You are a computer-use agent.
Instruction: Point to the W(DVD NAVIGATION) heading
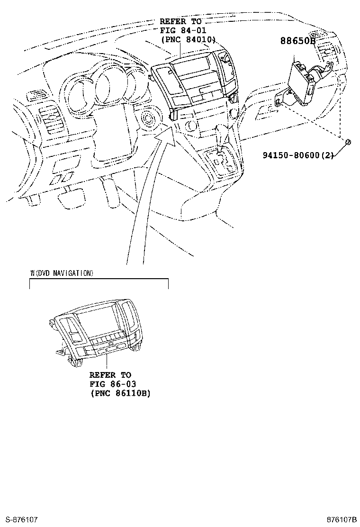[x=62, y=273]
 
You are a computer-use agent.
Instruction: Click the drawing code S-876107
[x=21, y=520]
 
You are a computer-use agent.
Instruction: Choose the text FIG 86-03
[x=113, y=384]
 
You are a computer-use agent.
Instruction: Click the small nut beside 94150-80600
[x=348, y=142]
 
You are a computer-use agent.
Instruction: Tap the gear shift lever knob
[x=221, y=131]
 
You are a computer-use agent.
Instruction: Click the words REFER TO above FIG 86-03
[x=110, y=375]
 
